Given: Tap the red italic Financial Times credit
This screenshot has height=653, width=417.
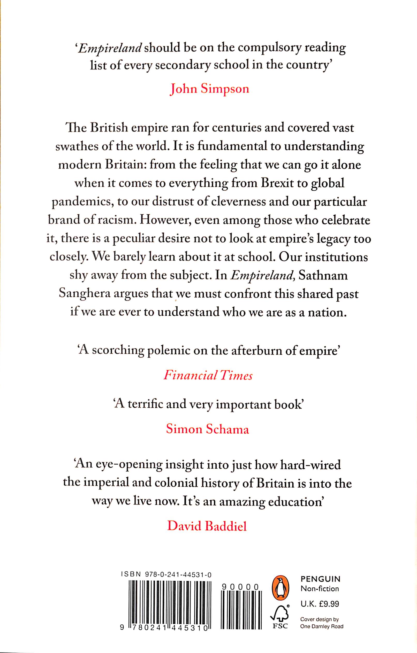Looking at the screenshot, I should [x=208, y=376].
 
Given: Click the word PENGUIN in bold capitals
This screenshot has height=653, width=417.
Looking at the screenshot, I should [x=321, y=579].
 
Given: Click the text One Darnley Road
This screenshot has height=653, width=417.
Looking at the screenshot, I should [x=322, y=619].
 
